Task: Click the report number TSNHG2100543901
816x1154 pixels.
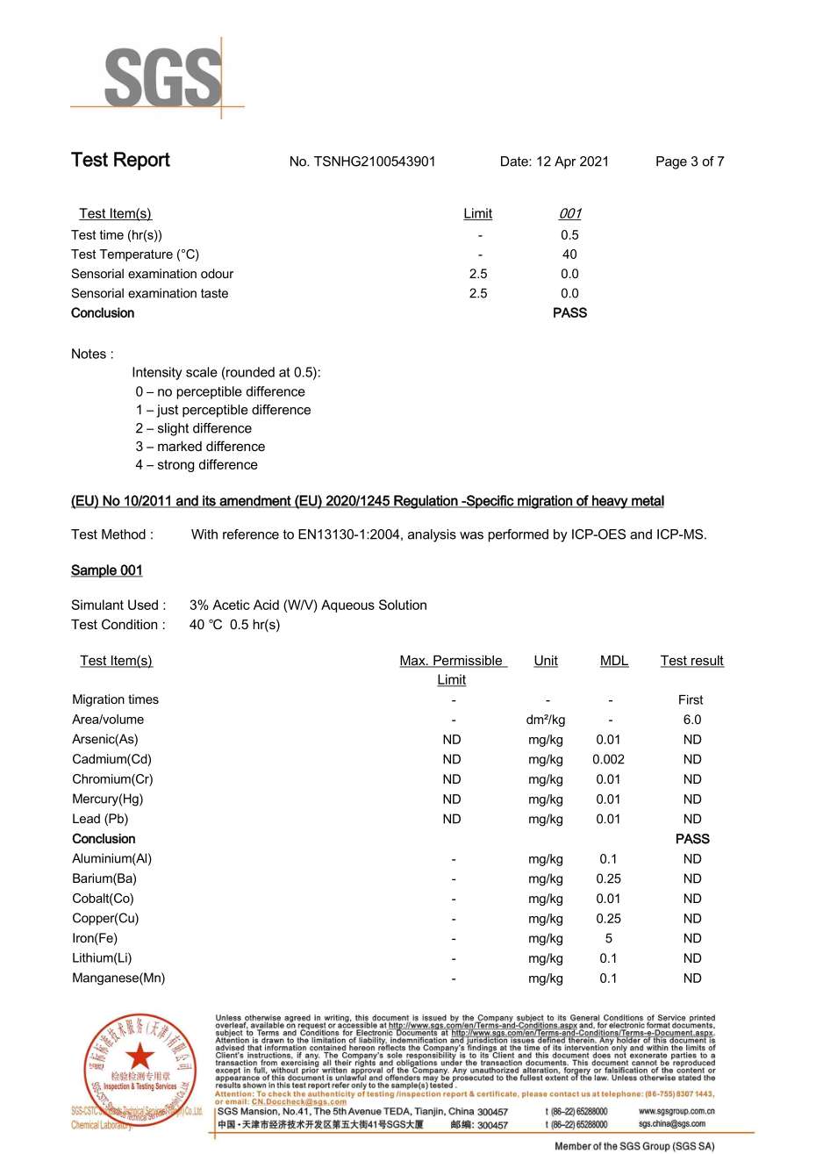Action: pyautogui.click(x=362, y=161)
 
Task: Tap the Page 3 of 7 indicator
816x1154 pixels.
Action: pyautogui.click(x=690, y=161)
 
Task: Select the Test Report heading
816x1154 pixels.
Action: pyautogui.click(x=120, y=160)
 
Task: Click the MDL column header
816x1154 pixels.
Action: pyautogui.click(x=614, y=661)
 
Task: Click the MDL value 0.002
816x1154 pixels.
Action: pyautogui.click(x=609, y=759)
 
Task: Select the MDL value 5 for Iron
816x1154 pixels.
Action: pyautogui.click(x=609, y=938)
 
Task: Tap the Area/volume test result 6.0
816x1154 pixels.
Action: pyautogui.click(x=692, y=720)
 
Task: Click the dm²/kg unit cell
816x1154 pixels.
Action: pyautogui.click(x=546, y=720)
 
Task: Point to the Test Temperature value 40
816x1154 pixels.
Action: pyautogui.click(x=569, y=254)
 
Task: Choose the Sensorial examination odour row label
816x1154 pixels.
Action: pyautogui.click(x=152, y=274)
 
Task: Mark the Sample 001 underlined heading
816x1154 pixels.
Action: pyautogui.click(x=106, y=570)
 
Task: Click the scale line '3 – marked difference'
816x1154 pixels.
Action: pyautogui.click(x=200, y=447)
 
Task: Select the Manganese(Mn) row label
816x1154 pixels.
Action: pyautogui.click(x=118, y=978)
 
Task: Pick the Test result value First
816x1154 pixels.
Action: pyautogui.click(x=691, y=699)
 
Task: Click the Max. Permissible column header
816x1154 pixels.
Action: pyautogui.click(x=452, y=661)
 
